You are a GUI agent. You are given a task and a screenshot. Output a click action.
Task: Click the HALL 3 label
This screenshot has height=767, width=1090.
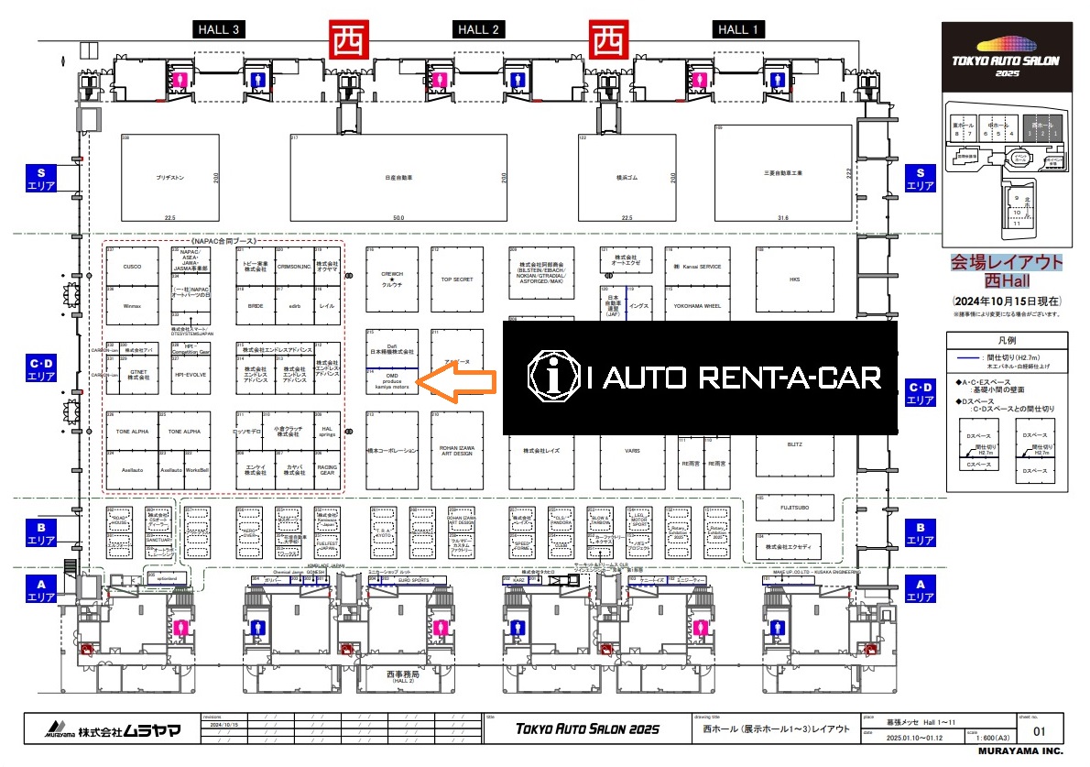tap(219, 29)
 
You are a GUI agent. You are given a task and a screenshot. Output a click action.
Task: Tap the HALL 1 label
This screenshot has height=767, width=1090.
tap(738, 29)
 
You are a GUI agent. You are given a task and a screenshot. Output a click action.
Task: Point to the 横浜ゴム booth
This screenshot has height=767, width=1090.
tap(627, 178)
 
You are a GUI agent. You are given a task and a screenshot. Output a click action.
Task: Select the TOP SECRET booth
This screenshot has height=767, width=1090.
tap(456, 279)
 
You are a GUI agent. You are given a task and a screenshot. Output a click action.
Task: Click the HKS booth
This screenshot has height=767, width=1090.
tap(794, 279)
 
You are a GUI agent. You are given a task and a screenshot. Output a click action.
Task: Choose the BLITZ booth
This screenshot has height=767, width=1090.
tap(794, 445)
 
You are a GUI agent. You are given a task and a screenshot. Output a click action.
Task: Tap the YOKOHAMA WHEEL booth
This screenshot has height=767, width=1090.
tap(697, 305)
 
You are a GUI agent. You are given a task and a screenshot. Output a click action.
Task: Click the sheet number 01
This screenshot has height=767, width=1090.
tap(1039, 731)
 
